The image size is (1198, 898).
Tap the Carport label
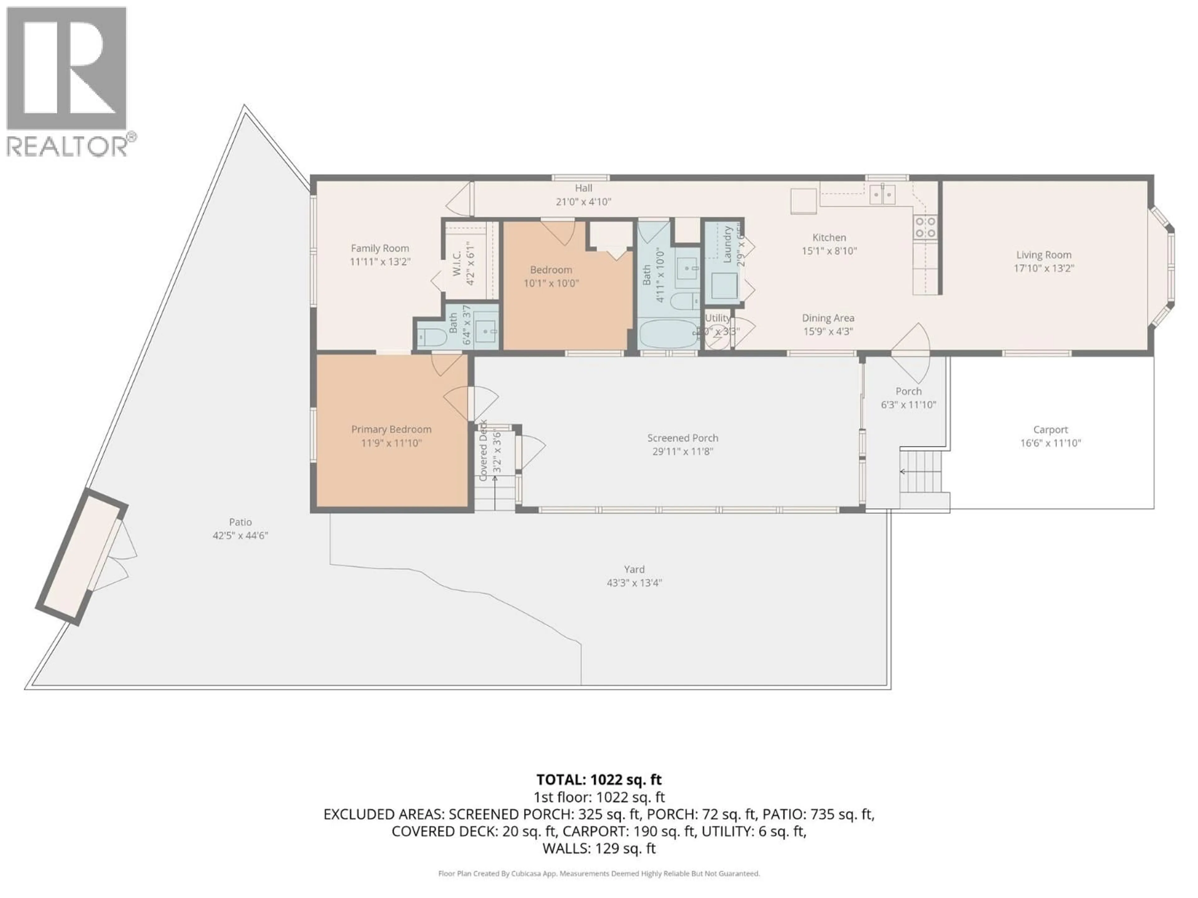pos(1050,429)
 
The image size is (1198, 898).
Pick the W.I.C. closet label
pos(456,263)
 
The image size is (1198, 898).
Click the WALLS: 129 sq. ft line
pos(598,848)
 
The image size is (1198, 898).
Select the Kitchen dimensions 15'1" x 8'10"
pos(829,251)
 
